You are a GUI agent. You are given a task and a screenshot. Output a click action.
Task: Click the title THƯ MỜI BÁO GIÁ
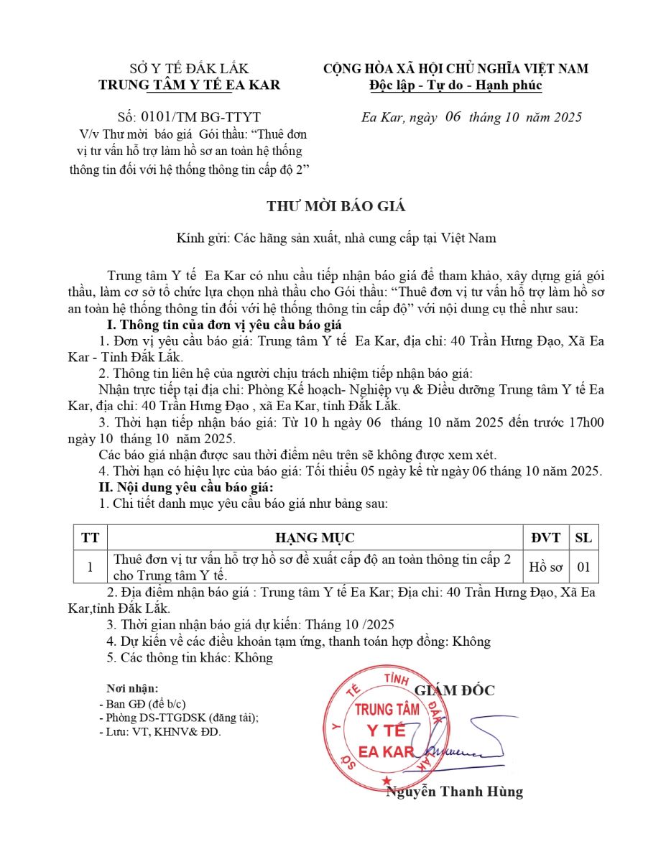(336, 206)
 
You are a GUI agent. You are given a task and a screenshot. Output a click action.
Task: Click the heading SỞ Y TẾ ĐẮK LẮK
(189, 69)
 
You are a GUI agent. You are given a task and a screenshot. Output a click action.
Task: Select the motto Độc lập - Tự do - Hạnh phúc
(455, 85)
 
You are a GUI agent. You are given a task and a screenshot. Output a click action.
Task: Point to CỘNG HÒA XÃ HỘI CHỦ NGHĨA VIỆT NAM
(455, 69)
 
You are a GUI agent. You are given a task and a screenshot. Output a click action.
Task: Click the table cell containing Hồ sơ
(546, 567)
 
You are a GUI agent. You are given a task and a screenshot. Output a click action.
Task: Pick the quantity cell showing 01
(583, 567)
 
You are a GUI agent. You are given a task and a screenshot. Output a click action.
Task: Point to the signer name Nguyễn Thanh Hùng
(455, 792)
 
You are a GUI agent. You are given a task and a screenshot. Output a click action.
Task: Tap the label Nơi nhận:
(132, 688)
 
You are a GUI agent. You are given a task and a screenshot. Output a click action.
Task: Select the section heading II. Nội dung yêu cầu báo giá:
(186, 488)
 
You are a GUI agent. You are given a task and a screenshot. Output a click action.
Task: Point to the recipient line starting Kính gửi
(336, 238)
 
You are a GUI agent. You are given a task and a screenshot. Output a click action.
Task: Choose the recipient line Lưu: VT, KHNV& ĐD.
(160, 733)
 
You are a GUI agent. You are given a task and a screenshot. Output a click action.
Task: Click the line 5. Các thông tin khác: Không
(190, 657)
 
